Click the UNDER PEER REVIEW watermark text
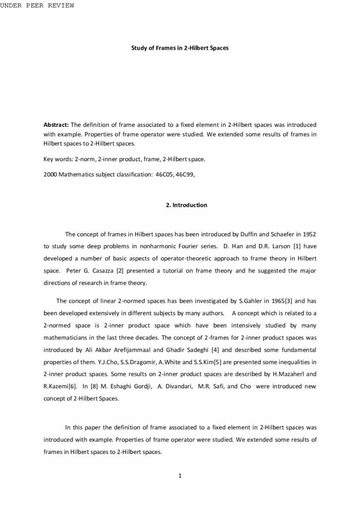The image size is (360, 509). [x=37, y=5]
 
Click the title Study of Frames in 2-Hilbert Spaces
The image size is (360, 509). [x=180, y=49]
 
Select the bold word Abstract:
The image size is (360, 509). [x=57, y=124]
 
